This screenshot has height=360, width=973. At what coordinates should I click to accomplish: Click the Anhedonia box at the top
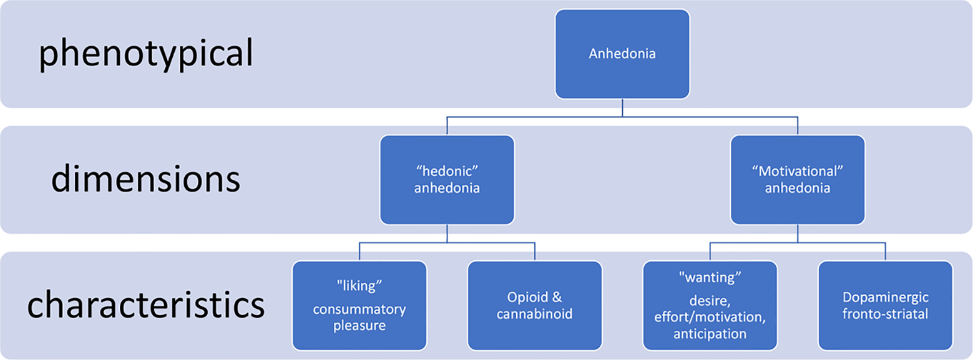[622, 54]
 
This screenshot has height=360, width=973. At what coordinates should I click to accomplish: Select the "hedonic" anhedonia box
[447, 180]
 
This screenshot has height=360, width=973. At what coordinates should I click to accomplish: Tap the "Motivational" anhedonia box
[797, 180]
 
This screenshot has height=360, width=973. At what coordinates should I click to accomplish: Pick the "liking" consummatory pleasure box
[359, 305]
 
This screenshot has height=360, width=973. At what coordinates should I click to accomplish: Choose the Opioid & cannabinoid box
[534, 305]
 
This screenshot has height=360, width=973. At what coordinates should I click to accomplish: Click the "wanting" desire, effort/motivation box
[710, 305]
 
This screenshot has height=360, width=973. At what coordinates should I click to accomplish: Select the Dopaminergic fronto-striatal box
[885, 305]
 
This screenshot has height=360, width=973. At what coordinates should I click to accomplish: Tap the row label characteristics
[145, 306]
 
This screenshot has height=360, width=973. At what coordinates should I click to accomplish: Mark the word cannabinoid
[534, 314]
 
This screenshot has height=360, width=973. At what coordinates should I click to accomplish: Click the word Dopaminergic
[885, 297]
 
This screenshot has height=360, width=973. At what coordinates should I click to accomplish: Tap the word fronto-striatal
[885, 314]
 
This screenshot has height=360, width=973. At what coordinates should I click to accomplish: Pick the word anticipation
[710, 334]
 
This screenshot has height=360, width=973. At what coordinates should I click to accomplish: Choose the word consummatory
[359, 309]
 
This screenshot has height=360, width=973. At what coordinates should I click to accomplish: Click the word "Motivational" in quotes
[797, 171]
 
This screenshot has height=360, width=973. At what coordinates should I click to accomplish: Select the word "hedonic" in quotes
[447, 171]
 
